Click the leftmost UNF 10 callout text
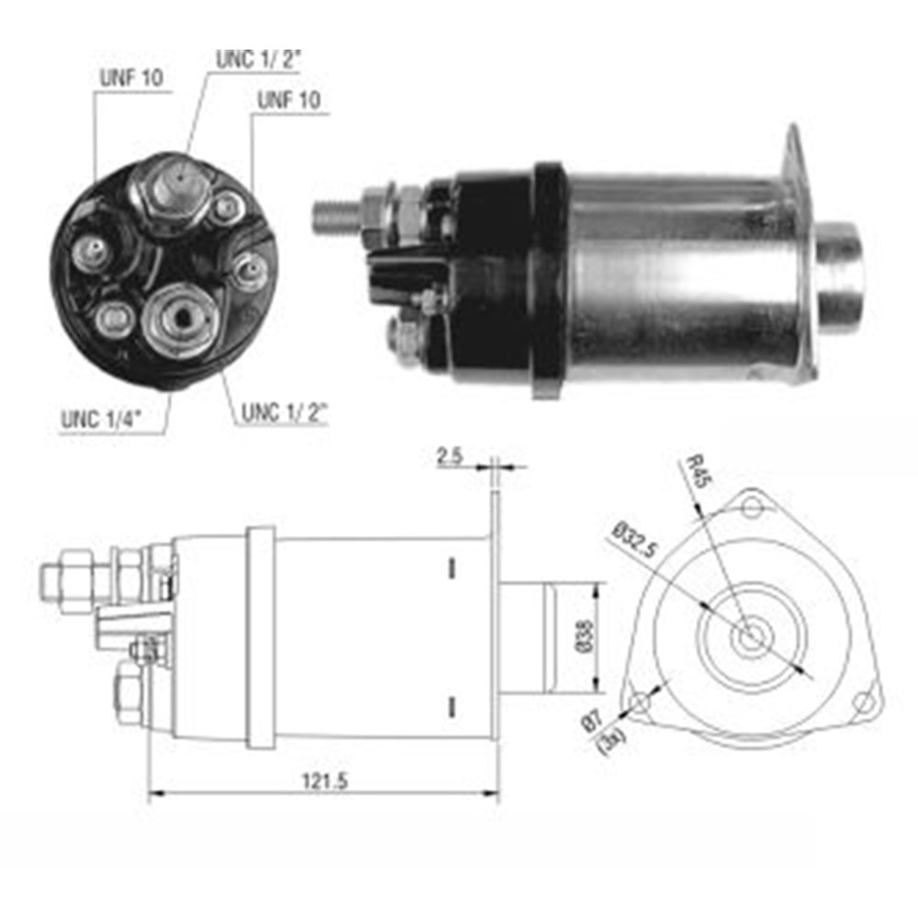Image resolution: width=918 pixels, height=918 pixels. (130, 78)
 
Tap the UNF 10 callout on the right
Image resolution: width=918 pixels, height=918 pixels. (289, 101)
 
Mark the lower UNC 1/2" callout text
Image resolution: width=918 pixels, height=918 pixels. (285, 413)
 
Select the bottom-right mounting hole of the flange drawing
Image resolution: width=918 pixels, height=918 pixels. (862, 703)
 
